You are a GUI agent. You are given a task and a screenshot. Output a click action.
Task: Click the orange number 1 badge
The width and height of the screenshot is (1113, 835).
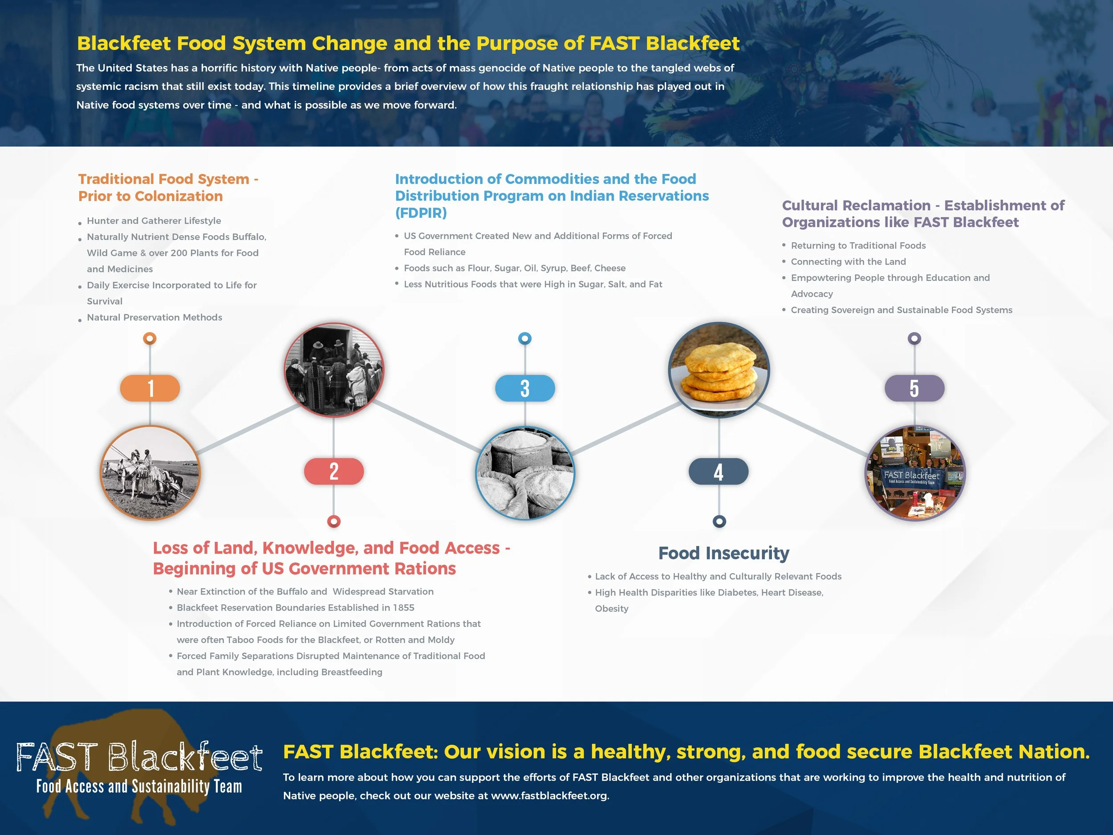click(150, 388)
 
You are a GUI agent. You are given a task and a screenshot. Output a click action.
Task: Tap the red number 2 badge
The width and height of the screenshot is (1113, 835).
click(333, 472)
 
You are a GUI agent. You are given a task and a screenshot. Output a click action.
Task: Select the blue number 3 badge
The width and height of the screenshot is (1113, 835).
click(525, 388)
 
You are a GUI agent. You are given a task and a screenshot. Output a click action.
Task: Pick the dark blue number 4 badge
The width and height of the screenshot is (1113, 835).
click(719, 472)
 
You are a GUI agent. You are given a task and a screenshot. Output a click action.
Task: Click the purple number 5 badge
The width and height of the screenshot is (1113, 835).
click(914, 388)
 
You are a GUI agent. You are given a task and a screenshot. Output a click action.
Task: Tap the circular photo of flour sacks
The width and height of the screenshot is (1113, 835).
click(525, 473)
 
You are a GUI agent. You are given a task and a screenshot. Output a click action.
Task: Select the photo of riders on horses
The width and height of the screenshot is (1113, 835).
click(150, 472)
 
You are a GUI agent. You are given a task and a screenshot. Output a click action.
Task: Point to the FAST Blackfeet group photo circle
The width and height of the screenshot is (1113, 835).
click(914, 473)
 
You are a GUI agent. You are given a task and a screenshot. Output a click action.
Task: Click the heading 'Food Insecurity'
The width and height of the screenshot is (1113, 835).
click(723, 553)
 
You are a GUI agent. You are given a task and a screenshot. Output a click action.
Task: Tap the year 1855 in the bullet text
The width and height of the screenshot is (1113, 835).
click(403, 607)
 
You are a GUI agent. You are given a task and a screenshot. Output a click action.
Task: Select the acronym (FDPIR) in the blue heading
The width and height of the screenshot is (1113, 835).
click(421, 213)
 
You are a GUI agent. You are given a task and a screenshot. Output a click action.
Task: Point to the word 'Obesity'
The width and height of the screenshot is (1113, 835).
click(611, 608)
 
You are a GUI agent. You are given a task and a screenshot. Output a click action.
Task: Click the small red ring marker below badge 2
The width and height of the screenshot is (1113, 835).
click(333, 521)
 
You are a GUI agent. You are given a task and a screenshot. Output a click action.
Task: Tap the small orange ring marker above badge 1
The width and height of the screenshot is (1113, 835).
click(150, 338)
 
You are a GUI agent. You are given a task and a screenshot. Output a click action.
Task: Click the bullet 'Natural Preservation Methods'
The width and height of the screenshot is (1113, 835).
click(154, 318)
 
